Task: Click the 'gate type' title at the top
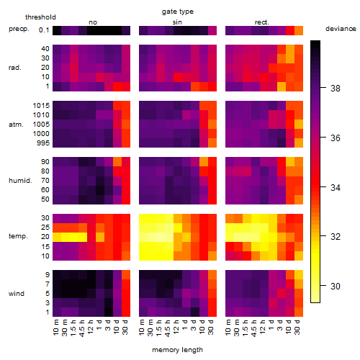tap(178, 12)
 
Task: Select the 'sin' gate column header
tap(177, 22)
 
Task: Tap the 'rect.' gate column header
tap(262, 22)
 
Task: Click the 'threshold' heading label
tap(40, 17)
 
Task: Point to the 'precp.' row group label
tap(19, 29)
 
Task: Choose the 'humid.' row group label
tap(20, 181)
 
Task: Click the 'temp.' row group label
tap(18, 236)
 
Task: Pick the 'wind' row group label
tap(17, 294)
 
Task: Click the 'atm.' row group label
tap(16, 125)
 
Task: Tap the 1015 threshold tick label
tap(41, 106)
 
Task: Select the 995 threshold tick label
tap(43, 143)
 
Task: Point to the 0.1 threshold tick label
tap(44, 30)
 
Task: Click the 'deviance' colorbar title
tap(341, 29)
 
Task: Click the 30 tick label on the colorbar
tap(336, 286)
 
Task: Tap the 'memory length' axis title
tap(178, 350)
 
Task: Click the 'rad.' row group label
tap(15, 68)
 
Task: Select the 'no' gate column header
tap(93, 22)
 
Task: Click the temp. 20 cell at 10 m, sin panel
tap(143, 237)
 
